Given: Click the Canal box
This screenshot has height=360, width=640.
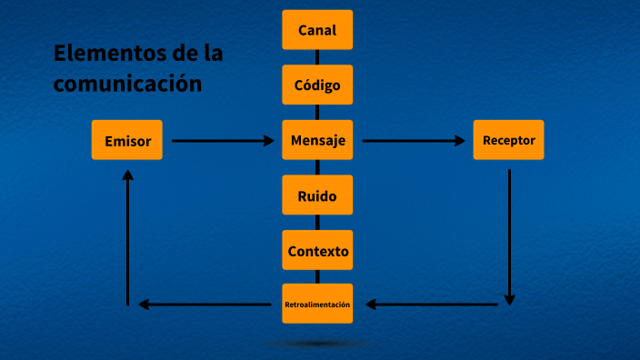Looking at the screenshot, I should [317, 30].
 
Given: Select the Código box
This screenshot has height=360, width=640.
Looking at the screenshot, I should [317, 85].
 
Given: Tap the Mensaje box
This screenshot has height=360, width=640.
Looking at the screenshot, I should [317, 140].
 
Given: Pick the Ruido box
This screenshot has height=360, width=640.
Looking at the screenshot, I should [317, 195].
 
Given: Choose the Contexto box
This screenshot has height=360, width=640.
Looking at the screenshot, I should [317, 251].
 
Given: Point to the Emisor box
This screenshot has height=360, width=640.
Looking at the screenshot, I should [127, 140].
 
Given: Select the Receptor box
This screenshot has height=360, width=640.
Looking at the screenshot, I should [508, 140].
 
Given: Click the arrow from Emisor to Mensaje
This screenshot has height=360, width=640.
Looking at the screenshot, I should [223, 141].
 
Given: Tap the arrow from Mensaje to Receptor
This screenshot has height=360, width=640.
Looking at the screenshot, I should [414, 141].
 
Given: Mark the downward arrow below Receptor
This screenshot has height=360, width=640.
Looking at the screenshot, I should [509, 236].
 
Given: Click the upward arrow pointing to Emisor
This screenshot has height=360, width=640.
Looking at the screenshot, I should [128, 236].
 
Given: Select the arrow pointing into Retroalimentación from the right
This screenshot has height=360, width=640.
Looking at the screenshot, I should [432, 305].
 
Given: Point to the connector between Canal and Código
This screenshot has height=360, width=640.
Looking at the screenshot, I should [317, 57].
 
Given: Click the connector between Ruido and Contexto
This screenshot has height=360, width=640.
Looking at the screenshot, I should [317, 223].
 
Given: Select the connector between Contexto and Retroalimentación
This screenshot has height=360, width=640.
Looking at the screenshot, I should [317, 277].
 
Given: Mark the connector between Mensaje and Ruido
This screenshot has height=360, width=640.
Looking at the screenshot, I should [317, 167].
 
